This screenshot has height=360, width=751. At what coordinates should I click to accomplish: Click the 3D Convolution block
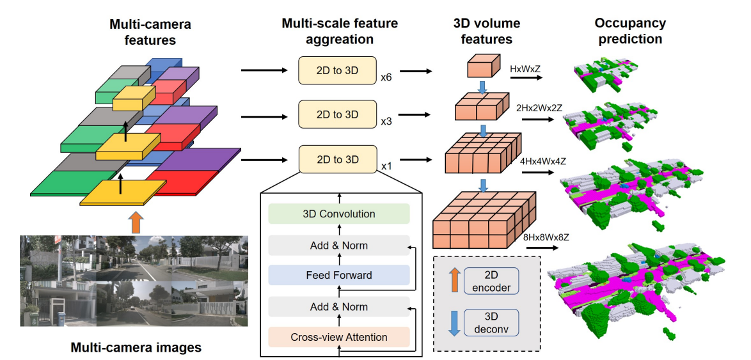pos(338,214)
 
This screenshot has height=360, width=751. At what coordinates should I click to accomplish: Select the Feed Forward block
pos(338,276)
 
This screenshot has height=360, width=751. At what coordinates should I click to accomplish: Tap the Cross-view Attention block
pos(338,337)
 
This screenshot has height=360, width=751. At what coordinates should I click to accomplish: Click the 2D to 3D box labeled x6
pos(337,70)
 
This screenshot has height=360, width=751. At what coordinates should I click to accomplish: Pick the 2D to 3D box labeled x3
pos(337,114)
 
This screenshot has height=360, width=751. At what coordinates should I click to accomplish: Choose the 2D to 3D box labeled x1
pos(337,159)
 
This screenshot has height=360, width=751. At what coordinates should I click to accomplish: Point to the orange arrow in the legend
pos(454,281)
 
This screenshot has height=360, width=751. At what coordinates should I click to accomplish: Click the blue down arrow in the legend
pos(454,322)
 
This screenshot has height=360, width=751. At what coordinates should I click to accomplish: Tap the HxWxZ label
pos(525,67)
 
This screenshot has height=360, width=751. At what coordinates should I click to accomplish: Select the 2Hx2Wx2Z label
pos(539,108)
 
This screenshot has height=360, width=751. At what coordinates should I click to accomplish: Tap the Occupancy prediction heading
pos(629,31)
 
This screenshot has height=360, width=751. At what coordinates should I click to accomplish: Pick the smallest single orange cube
pos(483,65)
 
